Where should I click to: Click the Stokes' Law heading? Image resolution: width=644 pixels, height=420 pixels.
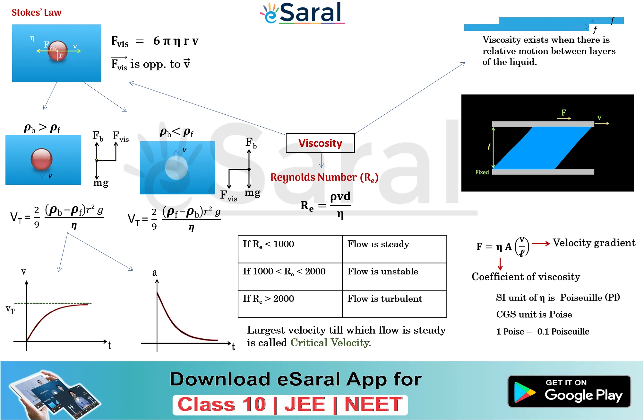click(x=36, y=13)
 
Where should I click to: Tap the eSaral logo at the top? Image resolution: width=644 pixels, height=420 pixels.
click(x=302, y=13)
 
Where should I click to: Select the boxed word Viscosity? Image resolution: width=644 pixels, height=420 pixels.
click(x=320, y=143)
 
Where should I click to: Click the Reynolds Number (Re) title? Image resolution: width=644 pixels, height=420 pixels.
click(x=324, y=177)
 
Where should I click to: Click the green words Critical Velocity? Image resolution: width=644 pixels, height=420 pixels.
click(x=331, y=343)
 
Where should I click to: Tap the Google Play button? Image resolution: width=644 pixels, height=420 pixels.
click(x=569, y=391)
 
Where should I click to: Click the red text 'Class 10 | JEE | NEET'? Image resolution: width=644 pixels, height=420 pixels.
click(x=290, y=404)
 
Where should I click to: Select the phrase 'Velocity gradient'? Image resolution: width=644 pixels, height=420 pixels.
click(x=594, y=243)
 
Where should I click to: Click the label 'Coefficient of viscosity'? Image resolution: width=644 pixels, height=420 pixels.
click(x=526, y=277)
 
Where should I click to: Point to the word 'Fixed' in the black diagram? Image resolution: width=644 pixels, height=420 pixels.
click(x=482, y=172)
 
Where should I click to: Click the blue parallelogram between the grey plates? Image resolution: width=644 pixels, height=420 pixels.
click(x=543, y=148)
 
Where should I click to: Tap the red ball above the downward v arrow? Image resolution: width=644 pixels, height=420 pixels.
click(x=41, y=159)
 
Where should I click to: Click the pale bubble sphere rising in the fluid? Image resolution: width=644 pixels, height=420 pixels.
click(x=176, y=167)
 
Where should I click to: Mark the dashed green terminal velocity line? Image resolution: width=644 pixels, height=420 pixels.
click(x=53, y=303)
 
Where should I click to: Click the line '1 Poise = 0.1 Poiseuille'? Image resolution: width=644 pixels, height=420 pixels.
click(x=543, y=332)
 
